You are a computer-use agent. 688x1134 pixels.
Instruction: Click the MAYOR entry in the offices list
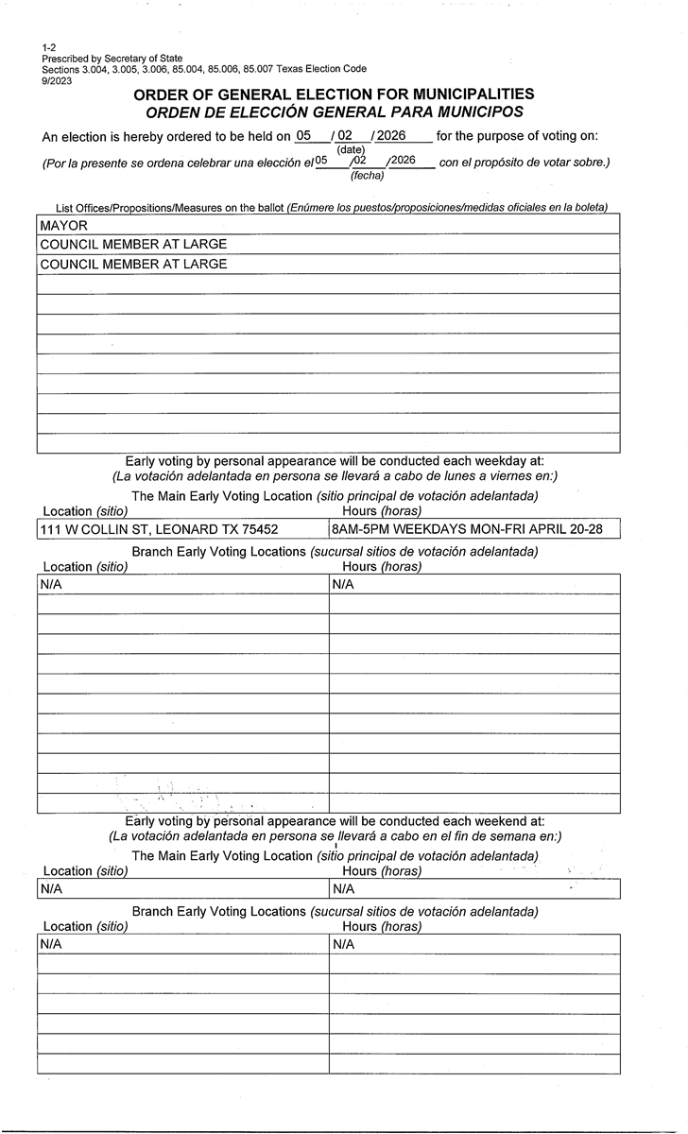tap(63, 226)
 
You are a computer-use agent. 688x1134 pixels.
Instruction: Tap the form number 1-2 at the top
tap(48, 47)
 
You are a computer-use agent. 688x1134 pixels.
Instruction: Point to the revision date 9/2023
tap(57, 80)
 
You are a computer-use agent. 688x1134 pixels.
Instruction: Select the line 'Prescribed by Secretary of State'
tap(112, 59)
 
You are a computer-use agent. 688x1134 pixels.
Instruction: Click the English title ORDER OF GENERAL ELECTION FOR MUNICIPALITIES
tap(334, 94)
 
